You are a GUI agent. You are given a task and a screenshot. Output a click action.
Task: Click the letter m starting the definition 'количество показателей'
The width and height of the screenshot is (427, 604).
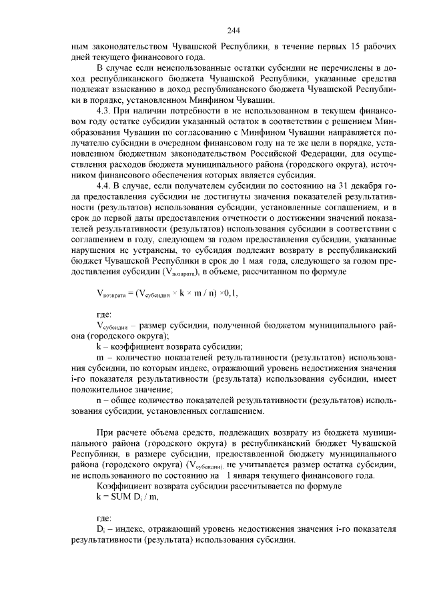(100, 358)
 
